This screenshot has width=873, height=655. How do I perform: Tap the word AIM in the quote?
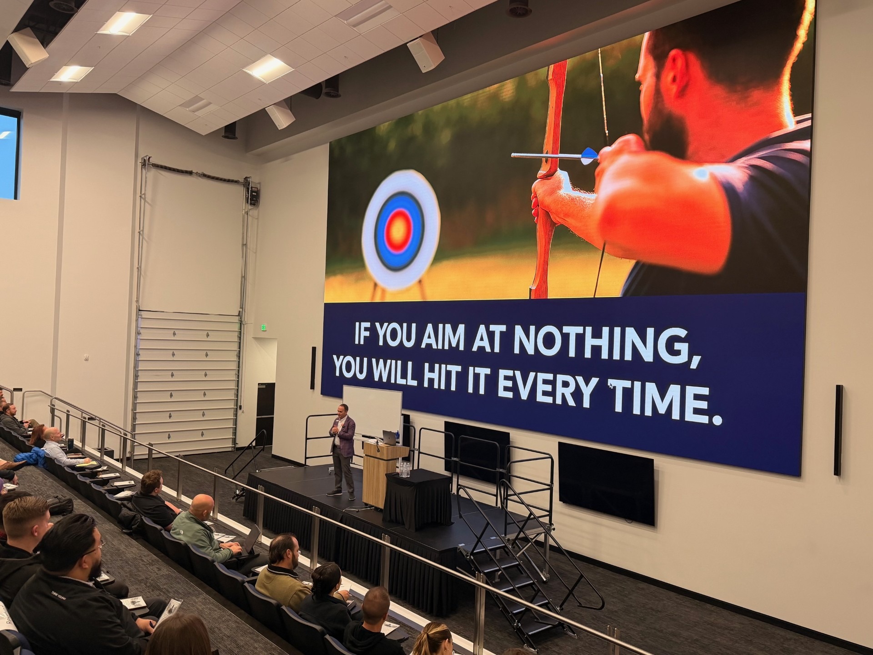(443, 337)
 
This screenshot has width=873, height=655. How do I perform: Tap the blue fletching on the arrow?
(589, 155)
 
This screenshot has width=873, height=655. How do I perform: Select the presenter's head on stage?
(343, 411)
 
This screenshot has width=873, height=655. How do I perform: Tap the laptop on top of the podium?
(390, 438)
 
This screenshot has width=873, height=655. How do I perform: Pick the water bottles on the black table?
(404, 469)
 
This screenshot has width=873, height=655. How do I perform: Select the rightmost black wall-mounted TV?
(606, 484)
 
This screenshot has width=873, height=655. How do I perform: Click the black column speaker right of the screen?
(838, 430)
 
